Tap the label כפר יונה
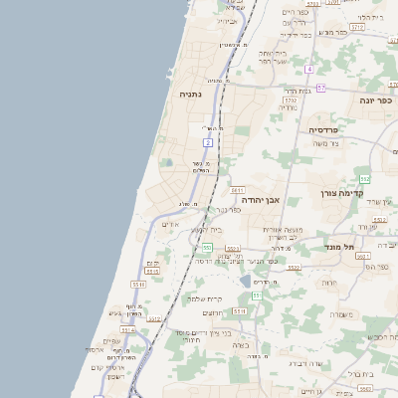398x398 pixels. coord(376,100)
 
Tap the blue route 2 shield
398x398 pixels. coord(208,142)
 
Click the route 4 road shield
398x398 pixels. coord(309,69)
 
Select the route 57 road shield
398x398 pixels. coord(320,89)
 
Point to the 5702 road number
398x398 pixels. coord(291,100)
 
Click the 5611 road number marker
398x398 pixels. coord(237,189)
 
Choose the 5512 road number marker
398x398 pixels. coord(232,249)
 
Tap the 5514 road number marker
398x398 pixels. coord(138,285)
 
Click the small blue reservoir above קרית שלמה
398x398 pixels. coord(245,282)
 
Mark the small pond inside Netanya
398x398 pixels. coord(166,163)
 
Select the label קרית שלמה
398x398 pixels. coord(204,298)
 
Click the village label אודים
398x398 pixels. coord(168,225)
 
